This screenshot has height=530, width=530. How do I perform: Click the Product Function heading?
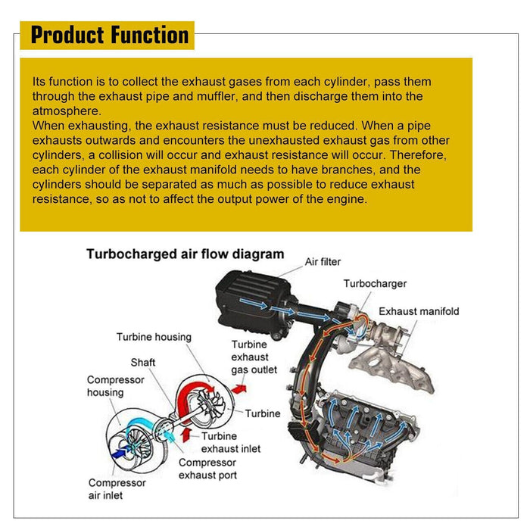(x=110, y=35)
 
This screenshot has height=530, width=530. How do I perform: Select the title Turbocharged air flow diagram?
(x=185, y=254)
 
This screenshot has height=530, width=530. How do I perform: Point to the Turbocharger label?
(x=375, y=284)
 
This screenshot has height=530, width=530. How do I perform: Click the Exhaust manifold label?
(x=419, y=311)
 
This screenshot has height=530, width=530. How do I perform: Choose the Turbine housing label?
(x=154, y=337)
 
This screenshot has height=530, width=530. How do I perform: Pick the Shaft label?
(x=143, y=363)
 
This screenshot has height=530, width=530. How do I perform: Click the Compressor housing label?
(x=115, y=386)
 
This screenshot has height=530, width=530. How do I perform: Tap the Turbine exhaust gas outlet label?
(x=254, y=357)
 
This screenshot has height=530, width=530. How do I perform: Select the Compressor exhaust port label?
(x=207, y=469)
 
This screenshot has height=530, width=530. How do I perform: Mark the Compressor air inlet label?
(x=117, y=489)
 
